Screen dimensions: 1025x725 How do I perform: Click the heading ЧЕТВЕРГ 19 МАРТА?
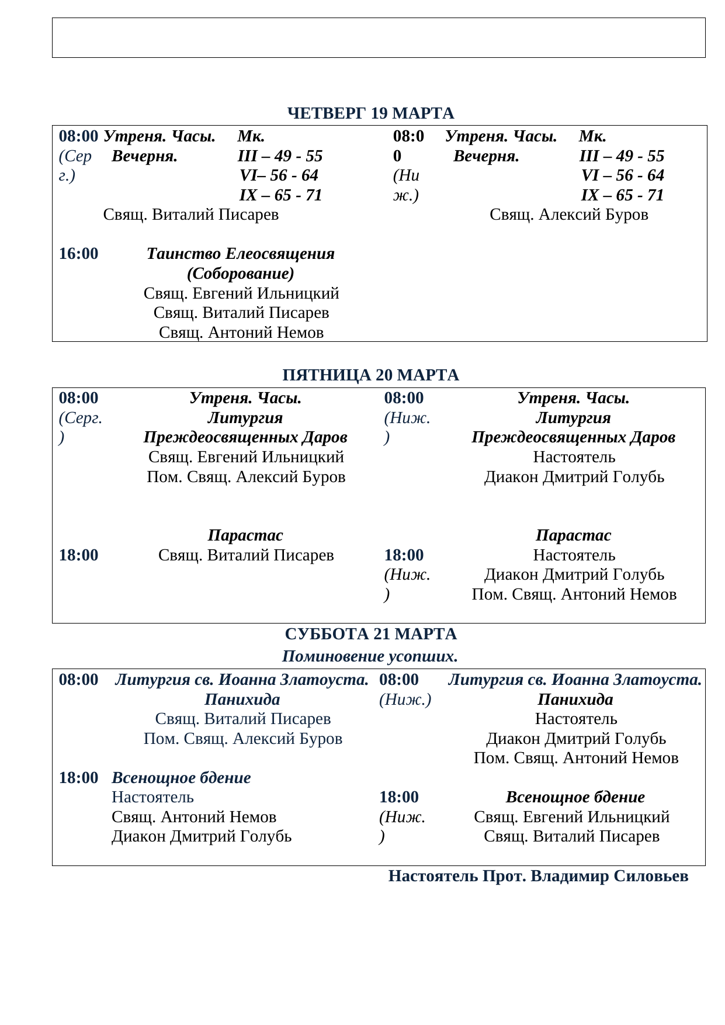pyautogui.click(x=370, y=113)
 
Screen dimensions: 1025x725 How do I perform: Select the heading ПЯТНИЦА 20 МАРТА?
pyautogui.click(x=370, y=375)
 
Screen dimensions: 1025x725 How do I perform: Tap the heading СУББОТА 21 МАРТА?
pyautogui.click(x=370, y=634)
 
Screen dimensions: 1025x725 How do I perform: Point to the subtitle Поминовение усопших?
pyautogui.click(x=369, y=656)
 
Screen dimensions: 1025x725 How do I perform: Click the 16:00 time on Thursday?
pyautogui.click(x=78, y=254)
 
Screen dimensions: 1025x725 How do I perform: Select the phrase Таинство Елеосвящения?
pyautogui.click(x=241, y=254)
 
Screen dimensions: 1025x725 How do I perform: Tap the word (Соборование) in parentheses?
pyautogui.click(x=241, y=273)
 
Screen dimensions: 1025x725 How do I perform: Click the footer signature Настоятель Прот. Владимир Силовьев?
pyautogui.click(x=538, y=876)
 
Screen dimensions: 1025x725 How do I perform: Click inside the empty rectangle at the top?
pyautogui.click(x=379, y=38)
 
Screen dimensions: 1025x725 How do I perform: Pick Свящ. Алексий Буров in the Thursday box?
pyautogui.click(x=568, y=214)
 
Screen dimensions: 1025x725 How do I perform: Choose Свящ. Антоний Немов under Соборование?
pyautogui.click(x=241, y=333)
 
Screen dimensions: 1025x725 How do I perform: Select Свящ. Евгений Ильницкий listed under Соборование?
pyautogui.click(x=241, y=293)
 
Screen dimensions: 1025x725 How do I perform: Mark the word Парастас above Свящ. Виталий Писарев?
pyautogui.click(x=245, y=535)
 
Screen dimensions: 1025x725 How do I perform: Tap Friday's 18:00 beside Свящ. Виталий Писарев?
pyautogui.click(x=78, y=555)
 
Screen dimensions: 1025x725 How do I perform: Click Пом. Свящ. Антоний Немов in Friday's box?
pyautogui.click(x=574, y=594)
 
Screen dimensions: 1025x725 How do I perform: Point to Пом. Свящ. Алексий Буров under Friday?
pyautogui.click(x=246, y=477)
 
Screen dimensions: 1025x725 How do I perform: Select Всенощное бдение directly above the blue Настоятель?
pyautogui.click(x=181, y=778)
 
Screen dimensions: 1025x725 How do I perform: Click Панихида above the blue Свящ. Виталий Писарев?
pyautogui.click(x=242, y=700)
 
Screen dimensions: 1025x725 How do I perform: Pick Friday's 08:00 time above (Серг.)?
pyautogui.click(x=78, y=398)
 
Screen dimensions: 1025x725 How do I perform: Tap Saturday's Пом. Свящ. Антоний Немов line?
pyautogui.click(x=575, y=758)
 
